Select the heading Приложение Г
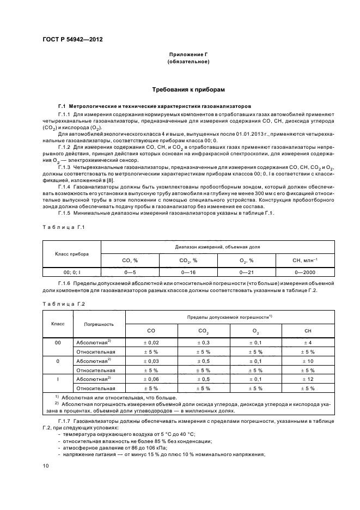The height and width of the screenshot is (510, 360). click(x=188, y=55)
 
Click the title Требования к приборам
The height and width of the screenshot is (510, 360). click(x=188, y=89)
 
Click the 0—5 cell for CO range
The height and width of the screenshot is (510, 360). click(x=130, y=271)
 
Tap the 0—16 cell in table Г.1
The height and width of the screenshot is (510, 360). click(x=187, y=271)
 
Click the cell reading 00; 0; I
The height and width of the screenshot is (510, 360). click(x=71, y=271)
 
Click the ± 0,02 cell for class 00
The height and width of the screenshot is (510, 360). click(x=151, y=342)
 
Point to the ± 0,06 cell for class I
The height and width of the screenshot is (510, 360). click(x=151, y=378)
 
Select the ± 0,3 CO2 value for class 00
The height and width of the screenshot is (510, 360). click(x=203, y=342)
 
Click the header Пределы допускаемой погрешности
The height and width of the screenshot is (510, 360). click(x=229, y=317)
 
